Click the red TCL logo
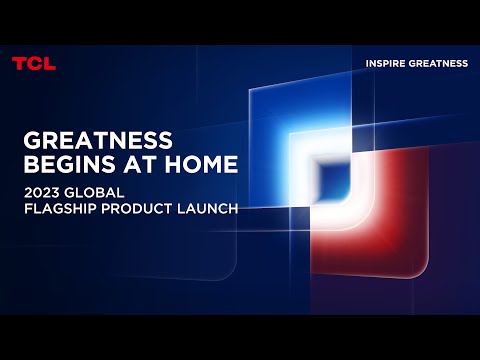point(33,63)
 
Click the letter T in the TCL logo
point(19,63)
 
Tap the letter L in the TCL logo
point(49,63)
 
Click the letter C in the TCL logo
point(33,63)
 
